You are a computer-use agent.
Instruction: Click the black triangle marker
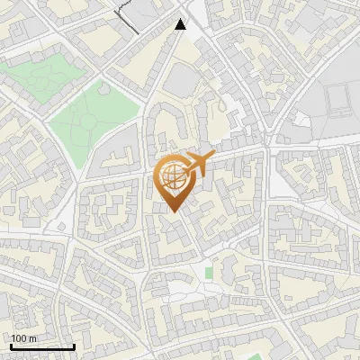pyautogui.click(x=181, y=23)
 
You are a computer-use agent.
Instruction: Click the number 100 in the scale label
pyautogui.click(x=20, y=338)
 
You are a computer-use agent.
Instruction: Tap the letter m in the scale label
pyautogui.click(x=32, y=338)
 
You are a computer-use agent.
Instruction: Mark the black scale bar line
pyautogui.click(x=42, y=346)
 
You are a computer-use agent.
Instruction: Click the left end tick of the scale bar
pyautogui.click(x=11, y=345)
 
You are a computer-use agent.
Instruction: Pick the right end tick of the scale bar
pyautogui.click(x=74, y=345)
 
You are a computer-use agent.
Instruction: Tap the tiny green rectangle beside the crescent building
pyautogui.click(x=209, y=272)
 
